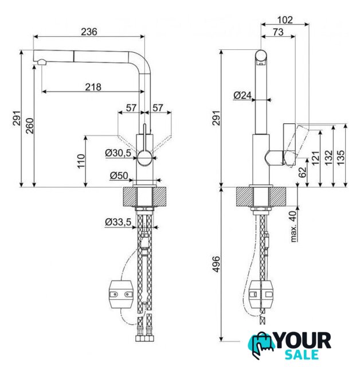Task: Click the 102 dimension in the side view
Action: coord(284,19)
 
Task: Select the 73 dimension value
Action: coord(278,33)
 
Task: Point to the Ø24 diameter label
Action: coord(242,96)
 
